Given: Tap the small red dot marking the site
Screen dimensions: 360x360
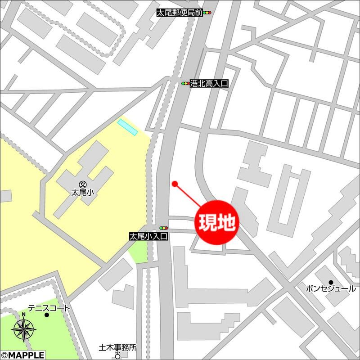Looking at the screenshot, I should [x=175, y=183].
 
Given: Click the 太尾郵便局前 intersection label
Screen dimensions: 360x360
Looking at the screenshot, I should [x=179, y=13].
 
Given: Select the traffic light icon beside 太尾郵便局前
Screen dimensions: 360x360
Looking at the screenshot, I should [x=207, y=13].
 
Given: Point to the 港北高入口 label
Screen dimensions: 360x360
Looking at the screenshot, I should [x=210, y=83].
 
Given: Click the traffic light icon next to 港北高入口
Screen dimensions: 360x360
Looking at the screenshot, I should [x=185, y=83].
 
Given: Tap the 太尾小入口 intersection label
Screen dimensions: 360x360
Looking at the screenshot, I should [x=148, y=235].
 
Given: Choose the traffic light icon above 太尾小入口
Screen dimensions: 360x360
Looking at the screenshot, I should [x=163, y=228].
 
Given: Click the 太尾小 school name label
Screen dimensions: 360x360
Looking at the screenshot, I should [x=82, y=193].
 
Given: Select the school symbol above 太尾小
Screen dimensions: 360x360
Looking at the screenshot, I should [x=82, y=184].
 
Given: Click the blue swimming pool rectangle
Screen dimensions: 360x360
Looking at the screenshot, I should [x=127, y=127].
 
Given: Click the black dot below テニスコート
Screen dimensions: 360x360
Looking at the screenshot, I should [x=46, y=315].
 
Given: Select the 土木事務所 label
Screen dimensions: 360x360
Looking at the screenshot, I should [x=117, y=347].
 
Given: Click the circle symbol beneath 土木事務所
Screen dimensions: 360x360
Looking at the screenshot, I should [x=118, y=355].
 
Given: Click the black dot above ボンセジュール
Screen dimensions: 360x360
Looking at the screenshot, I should [x=330, y=281].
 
